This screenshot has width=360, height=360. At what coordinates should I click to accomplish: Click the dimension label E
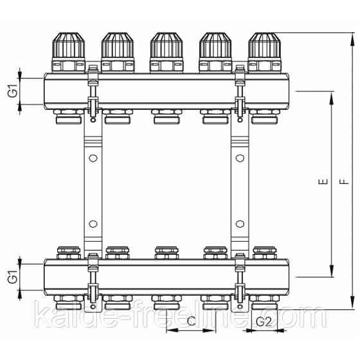tap(323, 181)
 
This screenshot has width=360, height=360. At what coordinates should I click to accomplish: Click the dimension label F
tap(344, 182)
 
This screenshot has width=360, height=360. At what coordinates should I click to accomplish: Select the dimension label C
tap(192, 321)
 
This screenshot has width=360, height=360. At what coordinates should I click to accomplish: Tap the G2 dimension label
tap(264, 321)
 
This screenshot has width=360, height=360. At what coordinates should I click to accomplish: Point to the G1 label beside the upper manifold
tap(13, 91)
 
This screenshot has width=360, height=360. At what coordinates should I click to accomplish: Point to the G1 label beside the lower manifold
tap(13, 277)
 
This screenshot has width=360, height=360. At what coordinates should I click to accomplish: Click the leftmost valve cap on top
tap(69, 45)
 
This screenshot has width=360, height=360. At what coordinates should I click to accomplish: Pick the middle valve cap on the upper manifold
tap(166, 45)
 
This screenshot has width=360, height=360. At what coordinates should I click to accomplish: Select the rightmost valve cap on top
tap(264, 45)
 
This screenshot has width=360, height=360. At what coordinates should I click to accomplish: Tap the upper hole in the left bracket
tap(93, 158)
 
